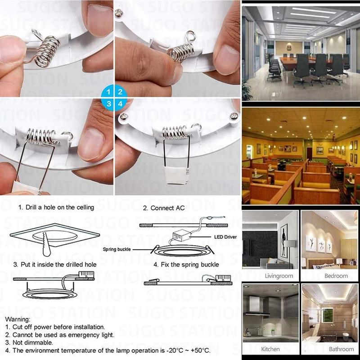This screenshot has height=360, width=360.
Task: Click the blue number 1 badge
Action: (108, 92)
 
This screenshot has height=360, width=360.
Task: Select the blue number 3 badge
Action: (108, 104)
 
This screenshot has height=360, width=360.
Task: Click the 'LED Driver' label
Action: (225, 237)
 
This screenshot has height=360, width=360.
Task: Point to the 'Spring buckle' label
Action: (117, 249)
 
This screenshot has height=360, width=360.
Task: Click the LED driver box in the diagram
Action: (182, 235)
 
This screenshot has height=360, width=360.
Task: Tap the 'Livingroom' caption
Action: (279, 276)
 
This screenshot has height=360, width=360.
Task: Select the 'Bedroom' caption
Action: (336, 276)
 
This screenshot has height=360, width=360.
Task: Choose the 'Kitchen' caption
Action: (270, 349)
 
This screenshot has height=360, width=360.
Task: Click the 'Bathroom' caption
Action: (341, 349)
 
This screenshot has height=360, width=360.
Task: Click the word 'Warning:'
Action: (18, 319)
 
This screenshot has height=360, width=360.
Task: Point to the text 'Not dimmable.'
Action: (32, 342)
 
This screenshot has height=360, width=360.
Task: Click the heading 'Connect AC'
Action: (167, 208)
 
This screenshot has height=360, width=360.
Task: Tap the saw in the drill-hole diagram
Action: (46, 244)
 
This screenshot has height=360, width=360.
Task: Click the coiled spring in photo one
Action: (47, 52)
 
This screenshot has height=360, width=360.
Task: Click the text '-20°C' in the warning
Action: (175, 351)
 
